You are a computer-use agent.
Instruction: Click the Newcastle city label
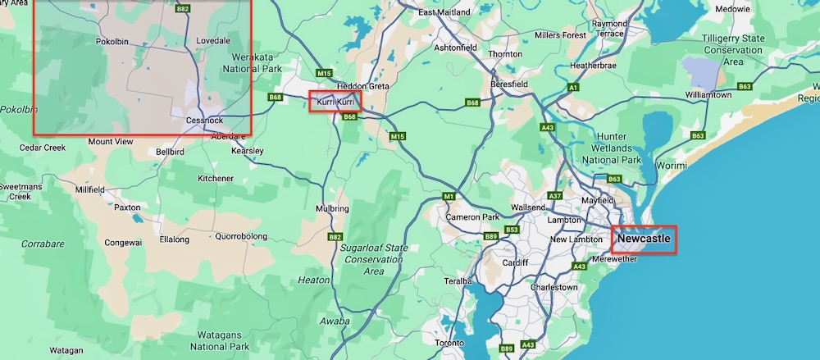click(644, 239)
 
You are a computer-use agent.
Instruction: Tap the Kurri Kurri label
click(334, 102)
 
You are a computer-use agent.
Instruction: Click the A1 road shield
click(574, 87)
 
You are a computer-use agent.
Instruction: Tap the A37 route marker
click(555, 196)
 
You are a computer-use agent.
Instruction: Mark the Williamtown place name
click(708, 95)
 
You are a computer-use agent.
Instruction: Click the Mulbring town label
click(332, 209)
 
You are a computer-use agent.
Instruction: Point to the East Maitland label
click(443, 13)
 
